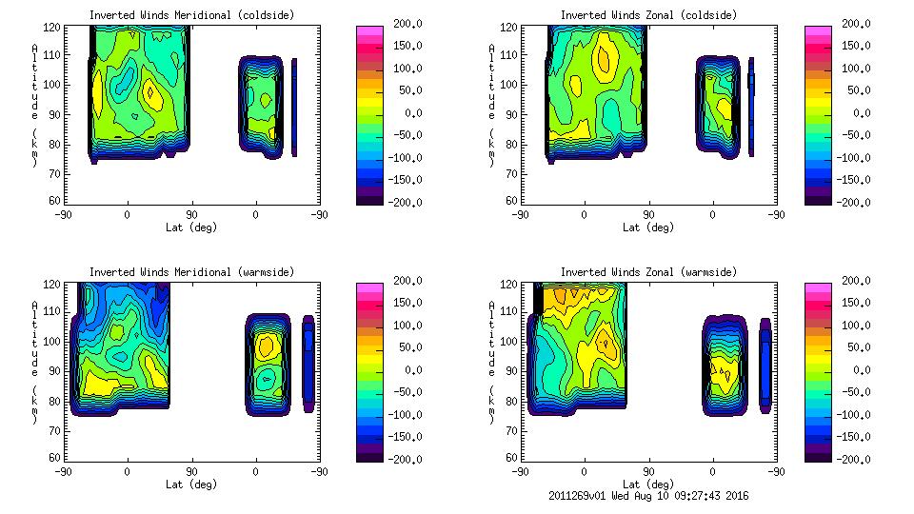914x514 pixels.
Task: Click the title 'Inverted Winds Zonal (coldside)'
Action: pyautogui.click(x=648, y=15)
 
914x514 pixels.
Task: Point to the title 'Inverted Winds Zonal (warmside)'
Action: pyautogui.click(x=648, y=272)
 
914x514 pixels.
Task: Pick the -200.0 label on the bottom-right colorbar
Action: pyautogui.click(x=856, y=460)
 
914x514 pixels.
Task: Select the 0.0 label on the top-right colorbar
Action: pyautogui.click(x=861, y=113)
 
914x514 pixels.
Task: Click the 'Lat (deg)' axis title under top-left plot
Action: pyautogui.click(x=191, y=227)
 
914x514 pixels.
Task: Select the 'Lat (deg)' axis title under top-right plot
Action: pyautogui.click(x=648, y=227)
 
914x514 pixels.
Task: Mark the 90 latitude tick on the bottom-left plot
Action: pyautogui.click(x=191, y=471)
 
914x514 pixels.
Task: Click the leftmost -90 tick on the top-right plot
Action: pyautogui.click(x=520, y=214)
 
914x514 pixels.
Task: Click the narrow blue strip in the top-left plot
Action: pyautogui.click(x=294, y=107)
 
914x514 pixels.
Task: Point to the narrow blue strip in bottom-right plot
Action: pyautogui.click(x=765, y=365)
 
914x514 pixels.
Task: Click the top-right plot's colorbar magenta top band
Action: pyautogui.click(x=818, y=30)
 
